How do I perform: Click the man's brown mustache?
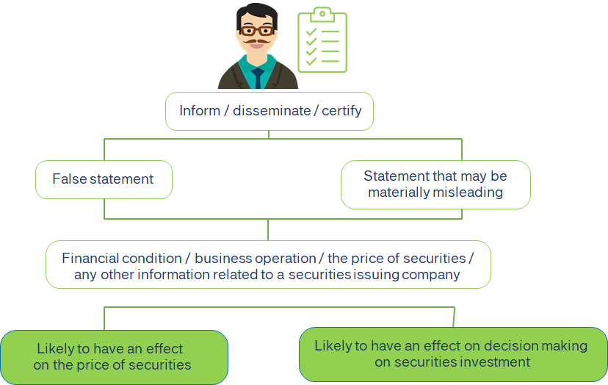(x=257, y=40)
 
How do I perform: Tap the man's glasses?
(x=257, y=30)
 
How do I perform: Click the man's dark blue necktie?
(x=258, y=78)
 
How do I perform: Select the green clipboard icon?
(x=322, y=40)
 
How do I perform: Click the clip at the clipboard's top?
(x=322, y=15)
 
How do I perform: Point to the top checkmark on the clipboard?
(x=311, y=32)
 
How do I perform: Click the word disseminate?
(x=272, y=111)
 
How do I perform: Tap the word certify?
(x=341, y=111)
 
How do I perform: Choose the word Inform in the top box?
(x=200, y=111)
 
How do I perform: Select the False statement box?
(x=104, y=179)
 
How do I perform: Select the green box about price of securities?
(x=114, y=357)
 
